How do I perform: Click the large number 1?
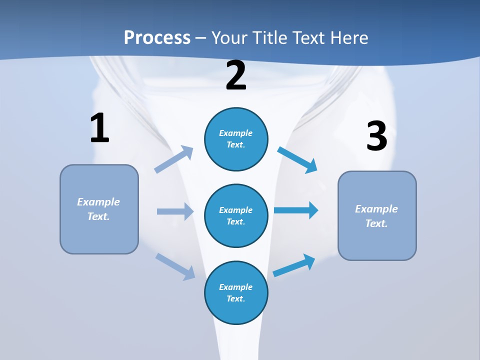click(x=99, y=128)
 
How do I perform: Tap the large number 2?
click(x=236, y=75)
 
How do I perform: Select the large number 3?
click(x=376, y=136)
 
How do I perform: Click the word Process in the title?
click(x=157, y=37)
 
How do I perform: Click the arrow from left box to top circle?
click(x=174, y=160)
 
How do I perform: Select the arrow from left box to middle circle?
click(x=175, y=211)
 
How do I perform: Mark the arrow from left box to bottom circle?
click(x=175, y=266)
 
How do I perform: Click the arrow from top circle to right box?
click(x=297, y=159)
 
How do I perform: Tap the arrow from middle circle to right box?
click(x=296, y=210)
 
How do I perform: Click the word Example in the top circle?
click(x=236, y=133)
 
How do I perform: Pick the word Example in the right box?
click(x=376, y=209)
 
